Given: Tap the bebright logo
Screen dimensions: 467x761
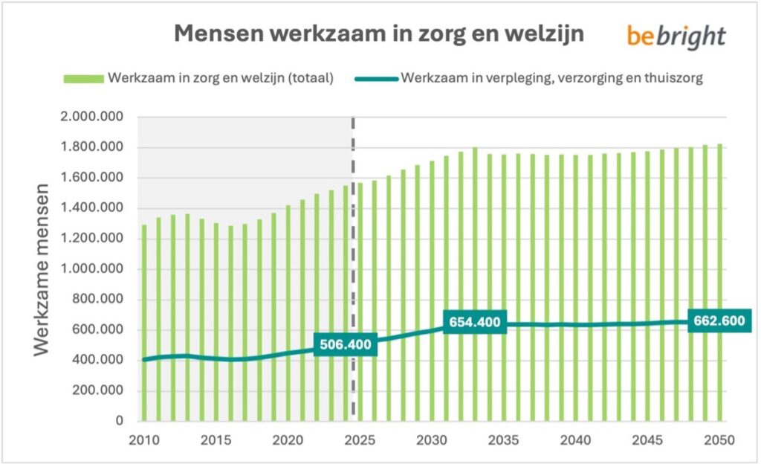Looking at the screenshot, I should click(676, 36).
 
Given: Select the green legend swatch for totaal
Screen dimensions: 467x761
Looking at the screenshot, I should click(85, 78).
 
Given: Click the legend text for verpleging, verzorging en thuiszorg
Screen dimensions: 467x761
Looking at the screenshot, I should click(552, 78).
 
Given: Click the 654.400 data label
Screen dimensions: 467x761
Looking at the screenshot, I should click(474, 322).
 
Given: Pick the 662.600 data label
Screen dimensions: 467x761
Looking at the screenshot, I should click(719, 322).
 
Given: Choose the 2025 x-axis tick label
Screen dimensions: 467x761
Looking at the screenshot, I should click(360, 439).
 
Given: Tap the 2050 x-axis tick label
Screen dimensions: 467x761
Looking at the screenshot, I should click(719, 439).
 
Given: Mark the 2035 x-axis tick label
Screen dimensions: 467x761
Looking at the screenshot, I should click(504, 439).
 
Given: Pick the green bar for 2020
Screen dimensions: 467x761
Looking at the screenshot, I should click(288, 313).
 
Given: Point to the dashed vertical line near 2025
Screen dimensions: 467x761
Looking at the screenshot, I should click(353, 223).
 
